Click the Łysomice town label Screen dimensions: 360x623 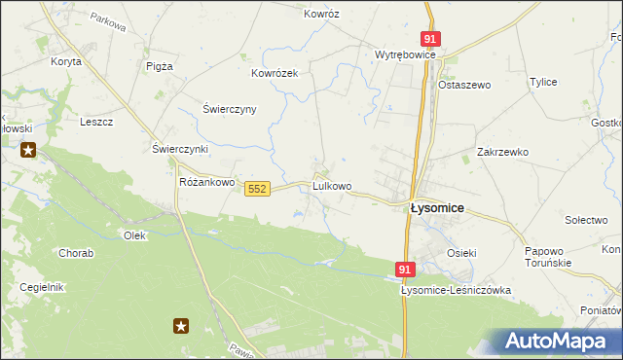436,208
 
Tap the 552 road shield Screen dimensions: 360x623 257,188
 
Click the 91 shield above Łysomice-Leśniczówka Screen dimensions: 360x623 406,269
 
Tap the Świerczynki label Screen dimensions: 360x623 180,149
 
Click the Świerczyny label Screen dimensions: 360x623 229,109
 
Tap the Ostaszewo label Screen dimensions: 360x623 465,85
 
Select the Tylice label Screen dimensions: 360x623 542,82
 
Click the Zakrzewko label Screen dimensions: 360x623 502,152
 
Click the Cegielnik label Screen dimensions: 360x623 42,287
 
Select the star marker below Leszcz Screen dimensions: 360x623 29,150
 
